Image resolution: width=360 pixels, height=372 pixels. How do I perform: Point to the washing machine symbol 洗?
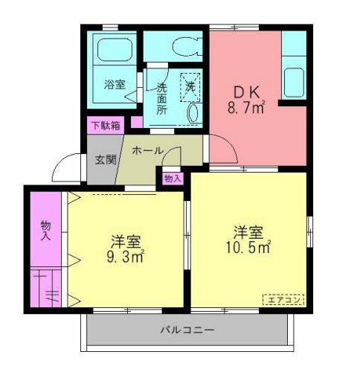[191, 86]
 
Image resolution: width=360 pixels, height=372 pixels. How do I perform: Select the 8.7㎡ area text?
[246, 109]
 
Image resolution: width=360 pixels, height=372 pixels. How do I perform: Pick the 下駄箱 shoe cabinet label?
[105, 125]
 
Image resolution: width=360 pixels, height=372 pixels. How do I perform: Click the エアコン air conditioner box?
[283, 300]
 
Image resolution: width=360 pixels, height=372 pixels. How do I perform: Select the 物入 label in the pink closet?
[45, 231]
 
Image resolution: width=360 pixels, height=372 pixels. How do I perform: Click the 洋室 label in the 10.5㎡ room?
[248, 231]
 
